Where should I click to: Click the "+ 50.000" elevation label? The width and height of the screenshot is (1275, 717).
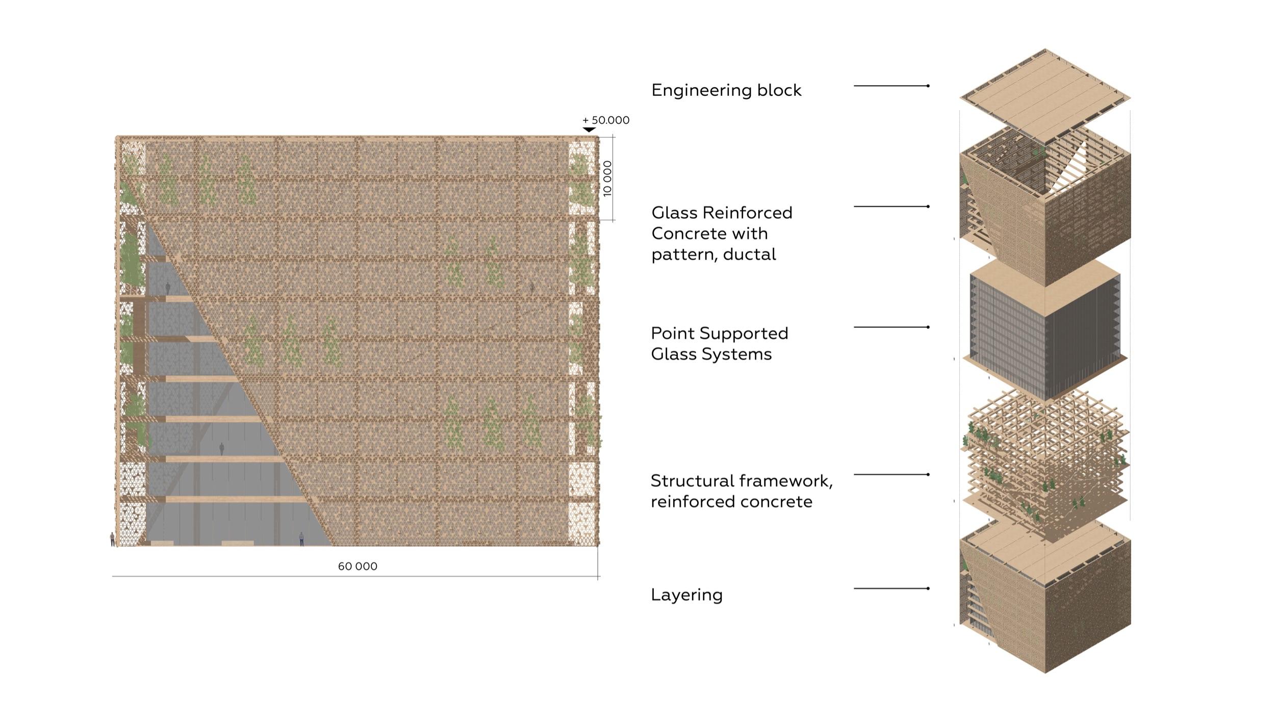click(x=606, y=120)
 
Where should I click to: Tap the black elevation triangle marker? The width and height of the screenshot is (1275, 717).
click(x=589, y=130)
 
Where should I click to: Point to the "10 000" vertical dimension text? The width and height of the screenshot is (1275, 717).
click(x=607, y=178)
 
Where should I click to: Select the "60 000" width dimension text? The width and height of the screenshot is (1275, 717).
click(x=358, y=566)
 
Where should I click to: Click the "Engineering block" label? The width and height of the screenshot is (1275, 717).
click(x=726, y=90)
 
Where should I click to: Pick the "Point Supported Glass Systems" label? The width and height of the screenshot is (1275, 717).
click(x=719, y=344)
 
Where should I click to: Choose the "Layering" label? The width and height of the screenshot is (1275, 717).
click(x=686, y=595)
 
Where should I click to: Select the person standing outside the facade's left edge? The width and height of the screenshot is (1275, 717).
click(x=112, y=539)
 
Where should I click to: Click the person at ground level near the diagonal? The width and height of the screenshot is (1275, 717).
click(x=301, y=539)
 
